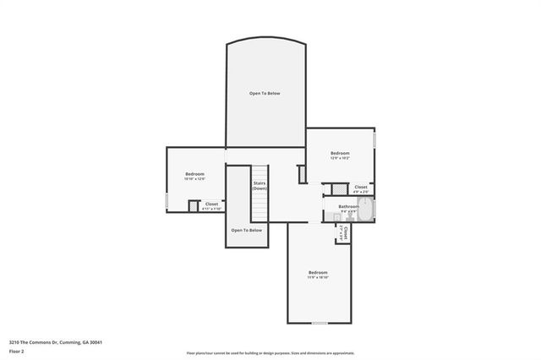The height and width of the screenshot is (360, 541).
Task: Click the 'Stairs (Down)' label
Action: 260,185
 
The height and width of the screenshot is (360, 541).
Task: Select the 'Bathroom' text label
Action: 349,206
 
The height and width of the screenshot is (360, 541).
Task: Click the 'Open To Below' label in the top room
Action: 264,93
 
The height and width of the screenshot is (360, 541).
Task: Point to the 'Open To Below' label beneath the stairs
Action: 247,230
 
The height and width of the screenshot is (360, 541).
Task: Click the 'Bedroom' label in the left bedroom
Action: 195,174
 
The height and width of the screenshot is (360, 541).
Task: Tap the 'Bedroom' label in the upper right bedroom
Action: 340,154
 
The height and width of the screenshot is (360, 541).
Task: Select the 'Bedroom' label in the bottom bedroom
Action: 318,272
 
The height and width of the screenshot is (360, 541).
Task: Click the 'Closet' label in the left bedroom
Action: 211,204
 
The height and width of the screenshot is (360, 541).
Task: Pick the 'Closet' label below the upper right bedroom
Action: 360,187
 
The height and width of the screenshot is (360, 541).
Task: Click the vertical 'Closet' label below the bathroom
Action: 345,232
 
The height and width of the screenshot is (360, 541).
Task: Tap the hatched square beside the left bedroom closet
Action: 193,205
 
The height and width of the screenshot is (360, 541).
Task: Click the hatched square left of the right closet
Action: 339,189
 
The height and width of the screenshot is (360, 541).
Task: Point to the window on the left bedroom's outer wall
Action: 167,202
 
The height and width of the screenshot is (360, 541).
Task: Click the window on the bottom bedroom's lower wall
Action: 319,323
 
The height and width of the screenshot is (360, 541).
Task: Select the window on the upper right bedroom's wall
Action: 374,139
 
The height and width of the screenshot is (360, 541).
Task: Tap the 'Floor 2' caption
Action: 17,351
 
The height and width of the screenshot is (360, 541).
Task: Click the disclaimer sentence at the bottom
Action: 270,353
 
